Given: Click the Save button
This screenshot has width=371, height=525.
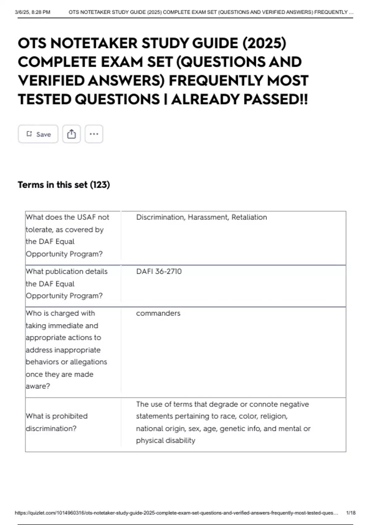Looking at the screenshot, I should pyautogui.click(x=38, y=134).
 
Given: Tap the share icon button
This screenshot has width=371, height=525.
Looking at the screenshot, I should pyautogui.click(x=71, y=134).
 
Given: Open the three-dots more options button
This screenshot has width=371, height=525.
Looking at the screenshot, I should pyautogui.click(x=94, y=134).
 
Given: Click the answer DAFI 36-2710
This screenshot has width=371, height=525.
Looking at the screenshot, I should pyautogui.click(x=159, y=271).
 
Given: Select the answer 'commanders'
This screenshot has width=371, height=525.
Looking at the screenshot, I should pyautogui.click(x=158, y=313).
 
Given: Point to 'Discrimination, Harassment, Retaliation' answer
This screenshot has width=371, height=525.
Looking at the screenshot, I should pyautogui.click(x=201, y=217).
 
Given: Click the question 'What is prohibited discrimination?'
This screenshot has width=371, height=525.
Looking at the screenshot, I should pyautogui.click(x=57, y=422).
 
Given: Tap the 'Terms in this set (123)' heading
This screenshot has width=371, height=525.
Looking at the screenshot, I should pyautogui.click(x=64, y=185).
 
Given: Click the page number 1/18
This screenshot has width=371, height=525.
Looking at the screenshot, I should pyautogui.click(x=351, y=513).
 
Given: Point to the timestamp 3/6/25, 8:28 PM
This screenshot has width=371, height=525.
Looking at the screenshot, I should pyautogui.click(x=32, y=12).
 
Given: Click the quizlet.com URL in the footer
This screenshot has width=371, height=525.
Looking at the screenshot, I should pyautogui.click(x=176, y=513).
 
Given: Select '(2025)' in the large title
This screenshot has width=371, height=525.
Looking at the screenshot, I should pyautogui.click(x=264, y=43).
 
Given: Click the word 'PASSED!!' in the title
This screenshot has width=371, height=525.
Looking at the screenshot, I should pyautogui.click(x=275, y=99).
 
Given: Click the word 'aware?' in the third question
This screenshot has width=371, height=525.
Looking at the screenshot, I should pyautogui.click(x=38, y=386).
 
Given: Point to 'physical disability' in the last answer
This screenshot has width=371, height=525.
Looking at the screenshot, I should pyautogui.click(x=165, y=440).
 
